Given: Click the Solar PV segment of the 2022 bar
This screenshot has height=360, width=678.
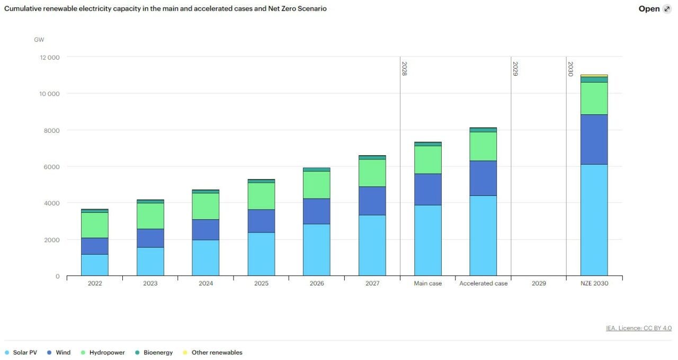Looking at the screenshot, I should click(95, 265).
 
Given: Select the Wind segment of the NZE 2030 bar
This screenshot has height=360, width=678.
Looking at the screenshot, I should click(594, 139).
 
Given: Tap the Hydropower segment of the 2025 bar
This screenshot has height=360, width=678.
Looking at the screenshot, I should click(261, 196).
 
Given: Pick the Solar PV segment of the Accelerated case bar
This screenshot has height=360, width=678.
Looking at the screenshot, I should click(483, 236).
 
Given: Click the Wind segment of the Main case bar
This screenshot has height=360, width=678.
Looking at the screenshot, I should click(427, 189).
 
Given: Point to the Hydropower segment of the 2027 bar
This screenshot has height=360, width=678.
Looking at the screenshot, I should click(372, 173).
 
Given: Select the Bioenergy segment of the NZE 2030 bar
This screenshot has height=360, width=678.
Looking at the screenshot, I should click(594, 79).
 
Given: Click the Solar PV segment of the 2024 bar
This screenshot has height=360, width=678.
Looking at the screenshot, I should click(206, 258).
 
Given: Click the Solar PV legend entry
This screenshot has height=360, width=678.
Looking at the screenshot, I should click(21, 353).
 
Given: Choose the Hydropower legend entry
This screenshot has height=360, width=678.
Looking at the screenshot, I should click(103, 353).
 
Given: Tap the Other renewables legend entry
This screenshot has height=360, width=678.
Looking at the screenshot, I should click(212, 353).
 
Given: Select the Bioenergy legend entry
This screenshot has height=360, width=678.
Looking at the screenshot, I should click(154, 353).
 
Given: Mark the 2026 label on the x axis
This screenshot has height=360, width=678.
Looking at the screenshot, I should click(317, 284).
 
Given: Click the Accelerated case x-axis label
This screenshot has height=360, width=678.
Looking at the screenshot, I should click(483, 284).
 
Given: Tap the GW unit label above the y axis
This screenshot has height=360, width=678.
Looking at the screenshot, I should click(39, 40).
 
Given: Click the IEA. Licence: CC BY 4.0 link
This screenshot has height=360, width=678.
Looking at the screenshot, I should click(639, 328).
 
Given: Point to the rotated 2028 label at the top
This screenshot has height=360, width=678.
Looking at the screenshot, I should click(404, 69).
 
